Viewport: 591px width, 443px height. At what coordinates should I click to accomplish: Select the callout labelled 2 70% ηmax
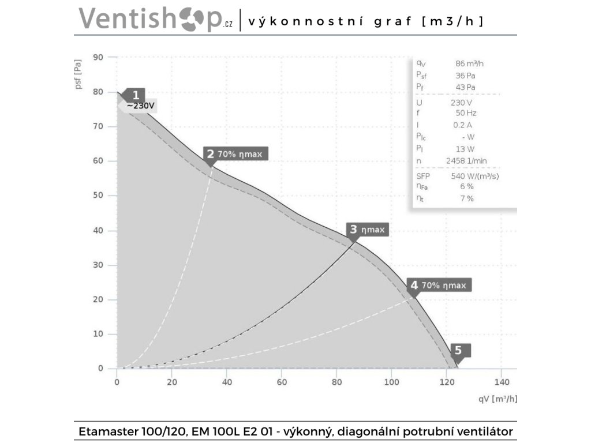click(x=235, y=153)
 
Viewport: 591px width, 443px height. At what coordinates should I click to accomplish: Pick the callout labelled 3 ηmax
click(x=367, y=230)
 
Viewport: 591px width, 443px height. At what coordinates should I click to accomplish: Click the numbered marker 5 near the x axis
click(x=458, y=350)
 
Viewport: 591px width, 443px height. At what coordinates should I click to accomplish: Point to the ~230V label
click(x=140, y=106)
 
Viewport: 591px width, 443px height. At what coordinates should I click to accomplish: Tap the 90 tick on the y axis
click(x=98, y=57)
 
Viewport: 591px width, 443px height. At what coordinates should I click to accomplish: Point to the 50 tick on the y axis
click(x=98, y=196)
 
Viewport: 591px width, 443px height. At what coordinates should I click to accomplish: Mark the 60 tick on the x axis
click(x=282, y=382)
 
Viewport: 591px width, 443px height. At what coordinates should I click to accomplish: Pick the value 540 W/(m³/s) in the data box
click(x=474, y=176)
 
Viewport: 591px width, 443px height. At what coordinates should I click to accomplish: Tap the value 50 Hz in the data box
click(x=466, y=113)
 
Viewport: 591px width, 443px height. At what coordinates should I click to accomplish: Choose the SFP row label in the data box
click(x=423, y=176)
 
